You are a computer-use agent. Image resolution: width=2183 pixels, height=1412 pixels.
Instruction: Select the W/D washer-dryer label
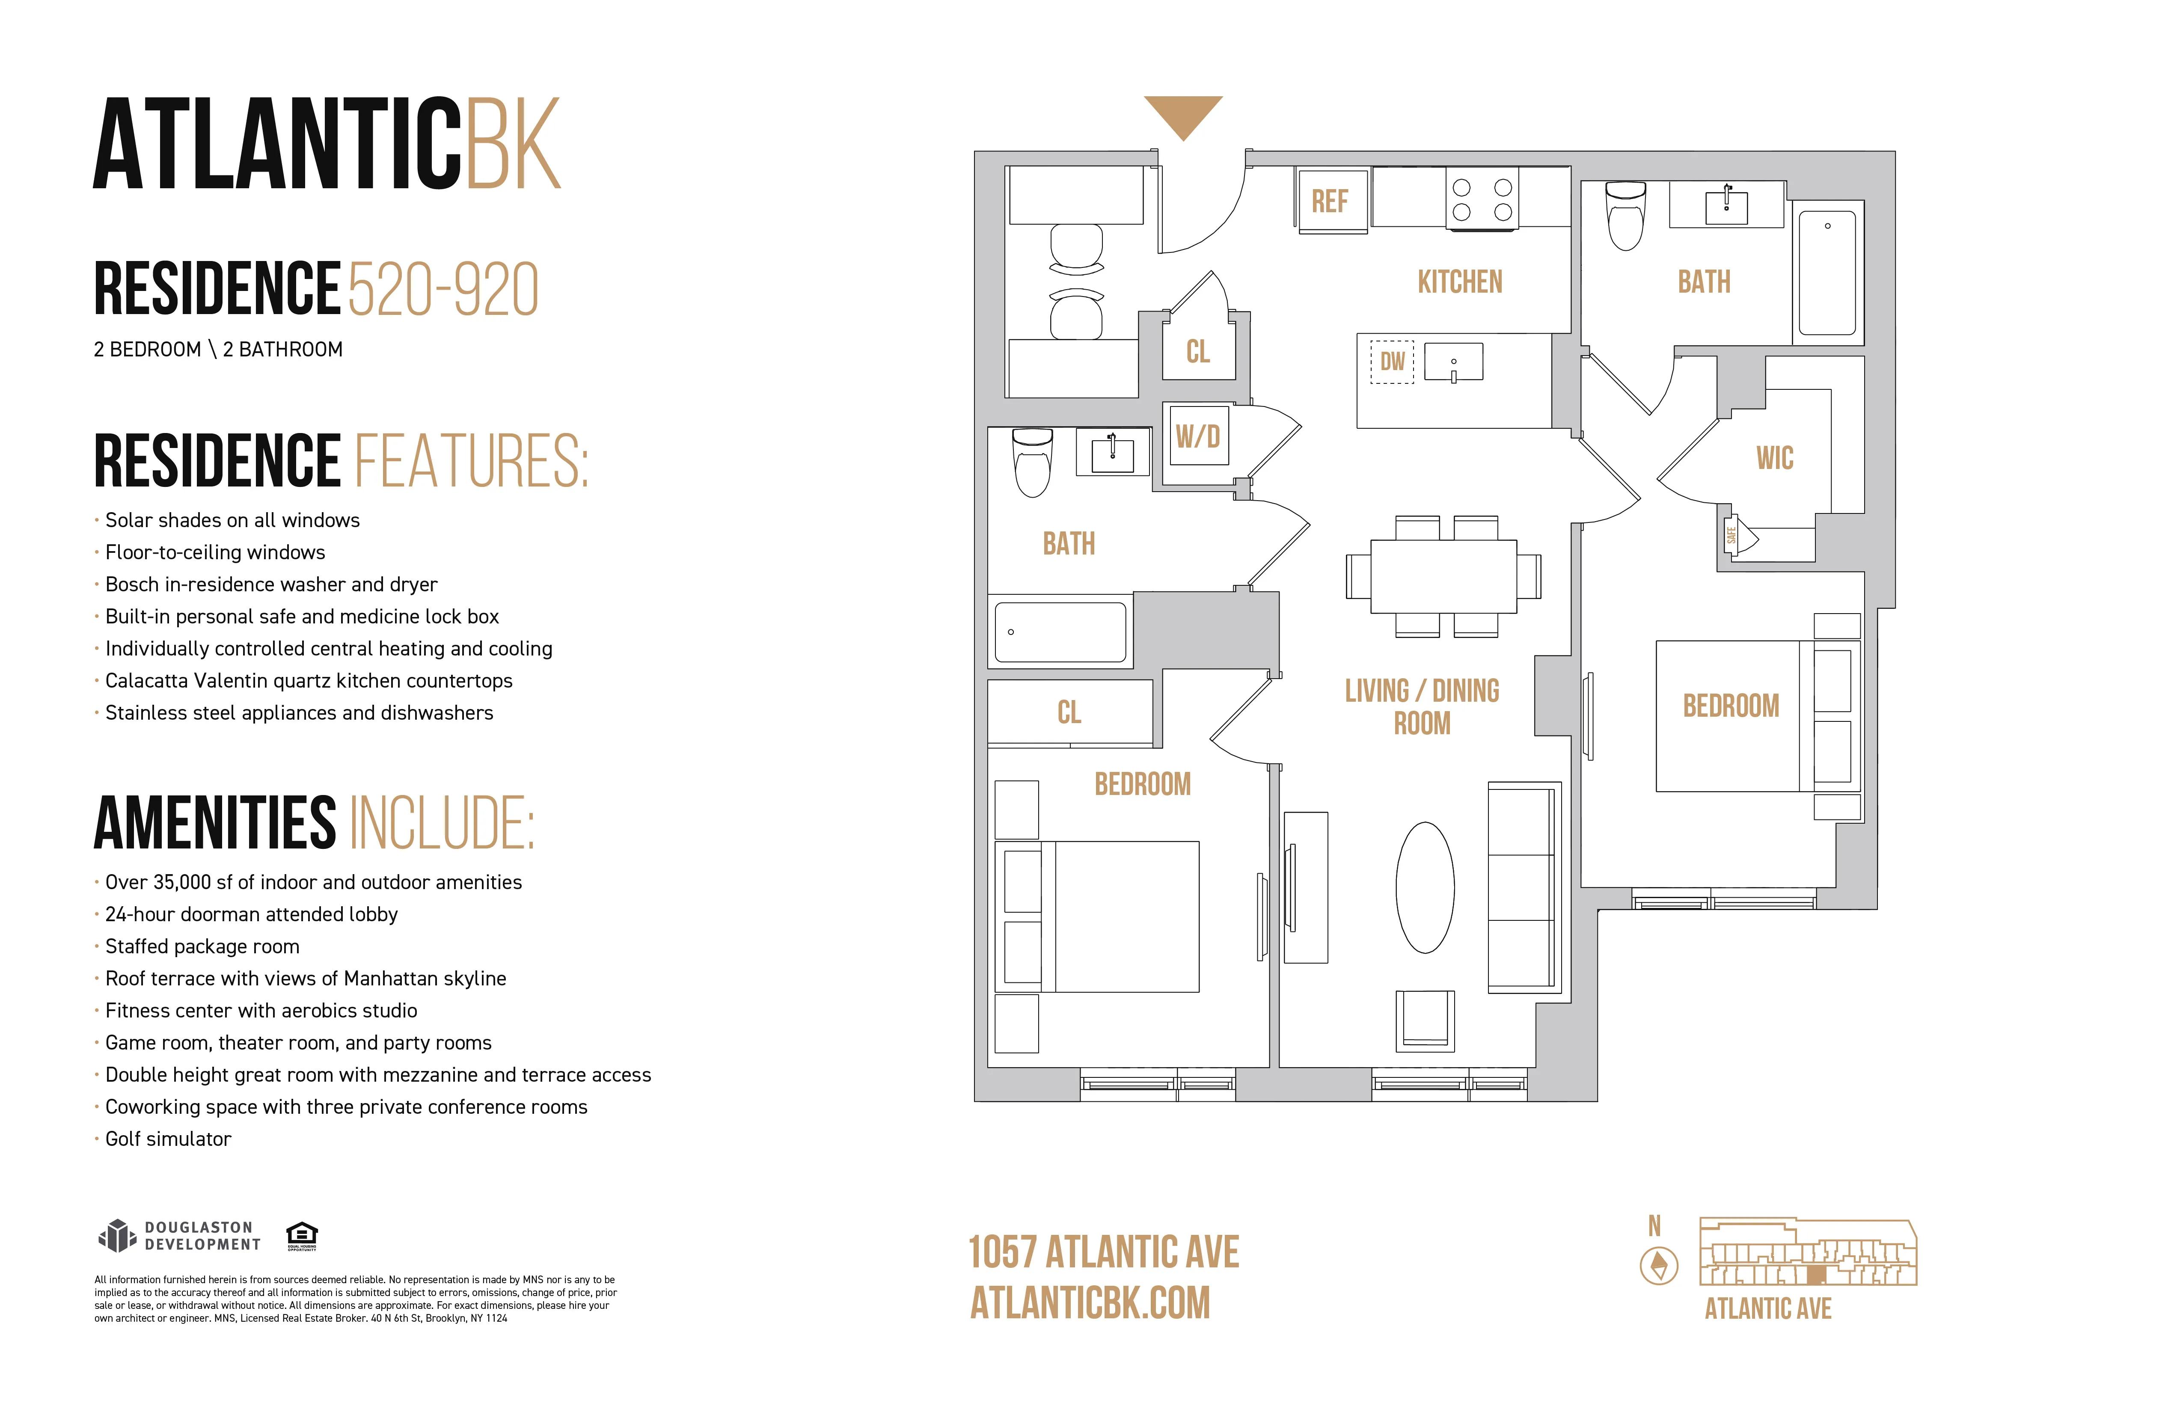tap(1197, 436)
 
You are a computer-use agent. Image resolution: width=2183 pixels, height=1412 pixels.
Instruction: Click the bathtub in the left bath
tap(1060, 632)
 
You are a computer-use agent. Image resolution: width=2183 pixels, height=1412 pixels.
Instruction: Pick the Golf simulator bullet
tap(168, 1139)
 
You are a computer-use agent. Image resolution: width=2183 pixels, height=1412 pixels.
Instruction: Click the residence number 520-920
tap(443, 290)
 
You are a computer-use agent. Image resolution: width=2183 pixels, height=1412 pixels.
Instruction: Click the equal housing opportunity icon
tap(302, 1235)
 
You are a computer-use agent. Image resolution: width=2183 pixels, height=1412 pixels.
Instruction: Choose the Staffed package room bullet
tap(202, 946)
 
